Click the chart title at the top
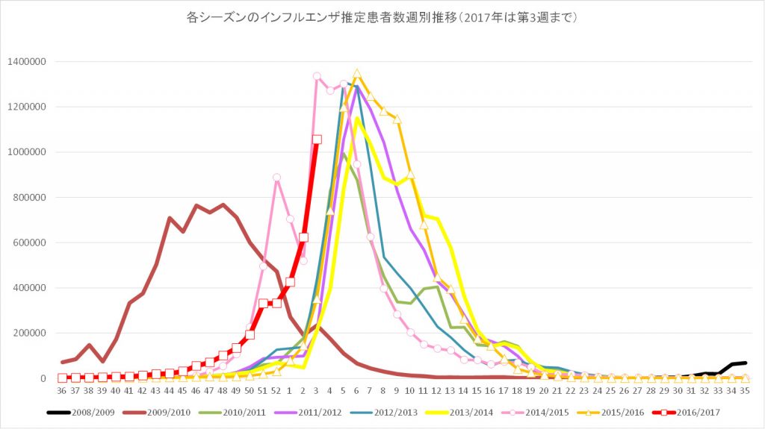[382, 16]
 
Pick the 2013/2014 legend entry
[477, 411]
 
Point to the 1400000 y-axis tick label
[28, 61]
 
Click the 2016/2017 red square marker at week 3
[317, 140]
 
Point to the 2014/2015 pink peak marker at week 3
[317, 76]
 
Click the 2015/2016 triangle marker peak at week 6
[357, 73]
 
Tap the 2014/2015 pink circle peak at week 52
[276, 178]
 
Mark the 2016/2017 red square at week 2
[303, 237]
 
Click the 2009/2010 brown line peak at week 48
[223, 204]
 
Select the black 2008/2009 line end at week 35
[745, 363]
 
